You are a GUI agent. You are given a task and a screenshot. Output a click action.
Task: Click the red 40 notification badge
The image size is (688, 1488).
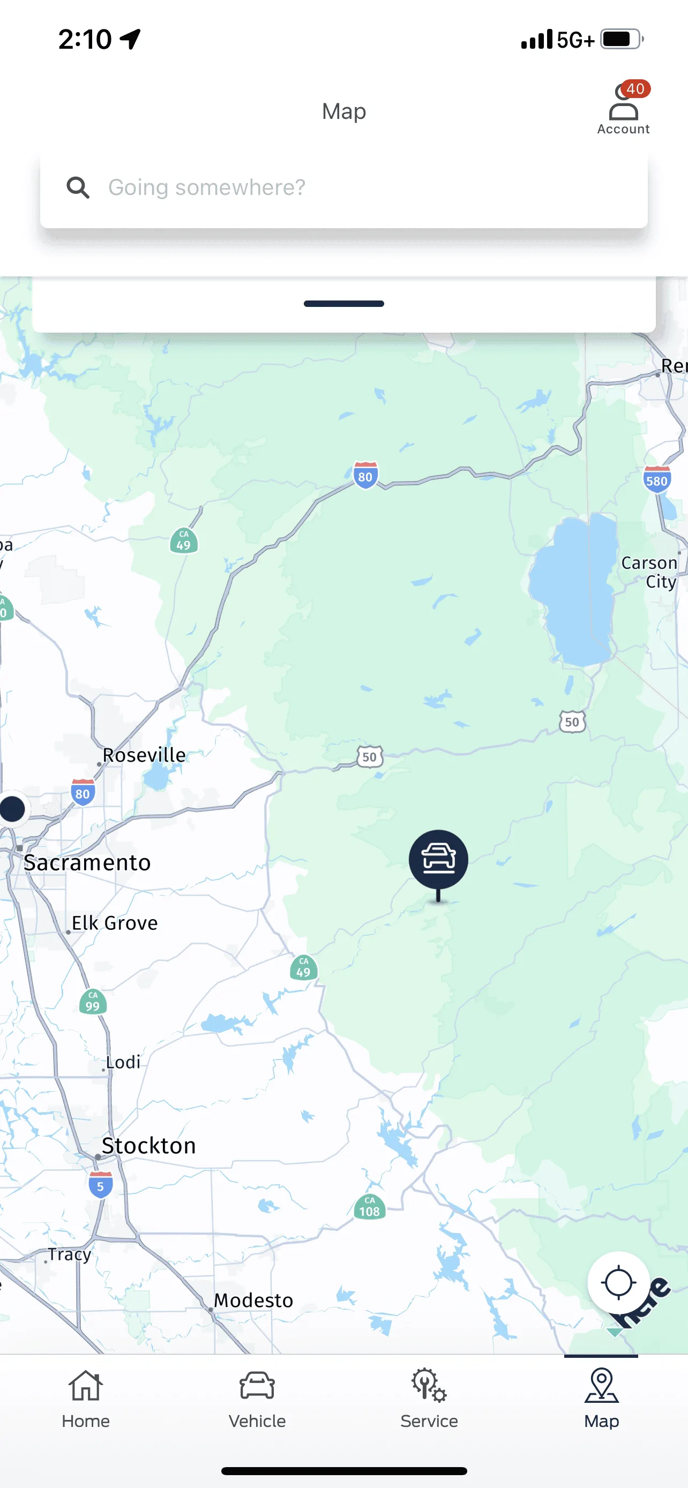tap(635, 89)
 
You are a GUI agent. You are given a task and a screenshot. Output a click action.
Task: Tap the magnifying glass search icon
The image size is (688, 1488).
tap(77, 187)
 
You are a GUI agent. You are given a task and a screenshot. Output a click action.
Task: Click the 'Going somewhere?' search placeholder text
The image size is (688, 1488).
tap(207, 187)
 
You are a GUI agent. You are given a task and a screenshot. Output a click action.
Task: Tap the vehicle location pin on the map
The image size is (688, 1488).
tap(438, 859)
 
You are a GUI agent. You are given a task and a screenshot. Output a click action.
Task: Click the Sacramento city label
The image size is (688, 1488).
tap(87, 862)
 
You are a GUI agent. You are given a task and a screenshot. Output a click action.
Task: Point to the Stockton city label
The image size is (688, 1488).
tap(148, 1145)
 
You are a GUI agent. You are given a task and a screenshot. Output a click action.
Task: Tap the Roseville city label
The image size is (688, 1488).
tap(144, 755)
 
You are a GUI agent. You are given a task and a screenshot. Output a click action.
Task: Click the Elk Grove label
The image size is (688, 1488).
tap(114, 922)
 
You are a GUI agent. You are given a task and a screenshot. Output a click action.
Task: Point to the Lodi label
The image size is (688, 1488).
tap(123, 1062)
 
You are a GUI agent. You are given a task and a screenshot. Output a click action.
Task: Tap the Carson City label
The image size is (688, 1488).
tap(650, 572)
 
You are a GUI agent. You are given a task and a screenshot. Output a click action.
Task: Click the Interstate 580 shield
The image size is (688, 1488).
tap(657, 479)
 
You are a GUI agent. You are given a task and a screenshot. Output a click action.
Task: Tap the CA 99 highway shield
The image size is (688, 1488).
tap(92, 1002)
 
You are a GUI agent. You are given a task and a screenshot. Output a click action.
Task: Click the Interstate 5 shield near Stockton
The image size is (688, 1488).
tap(101, 1185)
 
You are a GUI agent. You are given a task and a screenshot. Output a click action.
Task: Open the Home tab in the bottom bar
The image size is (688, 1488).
tap(86, 1398)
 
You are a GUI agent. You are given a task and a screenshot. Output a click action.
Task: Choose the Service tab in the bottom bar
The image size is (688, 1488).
tap(429, 1398)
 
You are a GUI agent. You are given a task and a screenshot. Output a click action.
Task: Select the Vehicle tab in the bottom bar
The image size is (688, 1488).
tap(257, 1398)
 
